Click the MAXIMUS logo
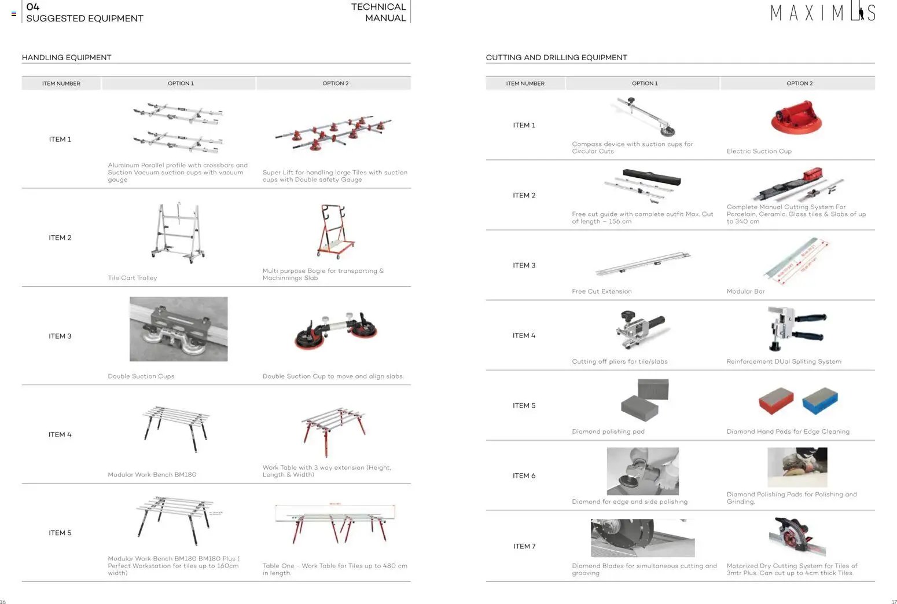(822, 13)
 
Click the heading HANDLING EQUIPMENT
(67, 57)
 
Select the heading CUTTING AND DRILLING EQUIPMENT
(556, 57)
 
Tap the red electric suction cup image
(796, 117)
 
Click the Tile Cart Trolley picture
(178, 233)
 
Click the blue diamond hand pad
(820, 401)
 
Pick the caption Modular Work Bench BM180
(152, 475)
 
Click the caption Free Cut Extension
(601, 292)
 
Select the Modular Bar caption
(745, 292)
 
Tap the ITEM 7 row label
(524, 546)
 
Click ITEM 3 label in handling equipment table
(60, 336)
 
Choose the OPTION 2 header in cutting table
(799, 83)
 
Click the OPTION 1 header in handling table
(181, 83)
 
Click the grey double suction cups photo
(178, 329)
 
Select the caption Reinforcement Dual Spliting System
(784, 362)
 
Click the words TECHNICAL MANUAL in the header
(378, 12)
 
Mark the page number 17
(894, 602)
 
